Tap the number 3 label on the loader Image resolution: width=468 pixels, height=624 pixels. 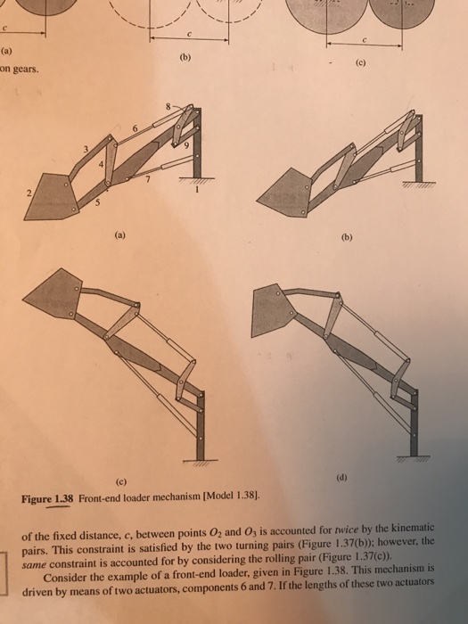pyautogui.click(x=86, y=147)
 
